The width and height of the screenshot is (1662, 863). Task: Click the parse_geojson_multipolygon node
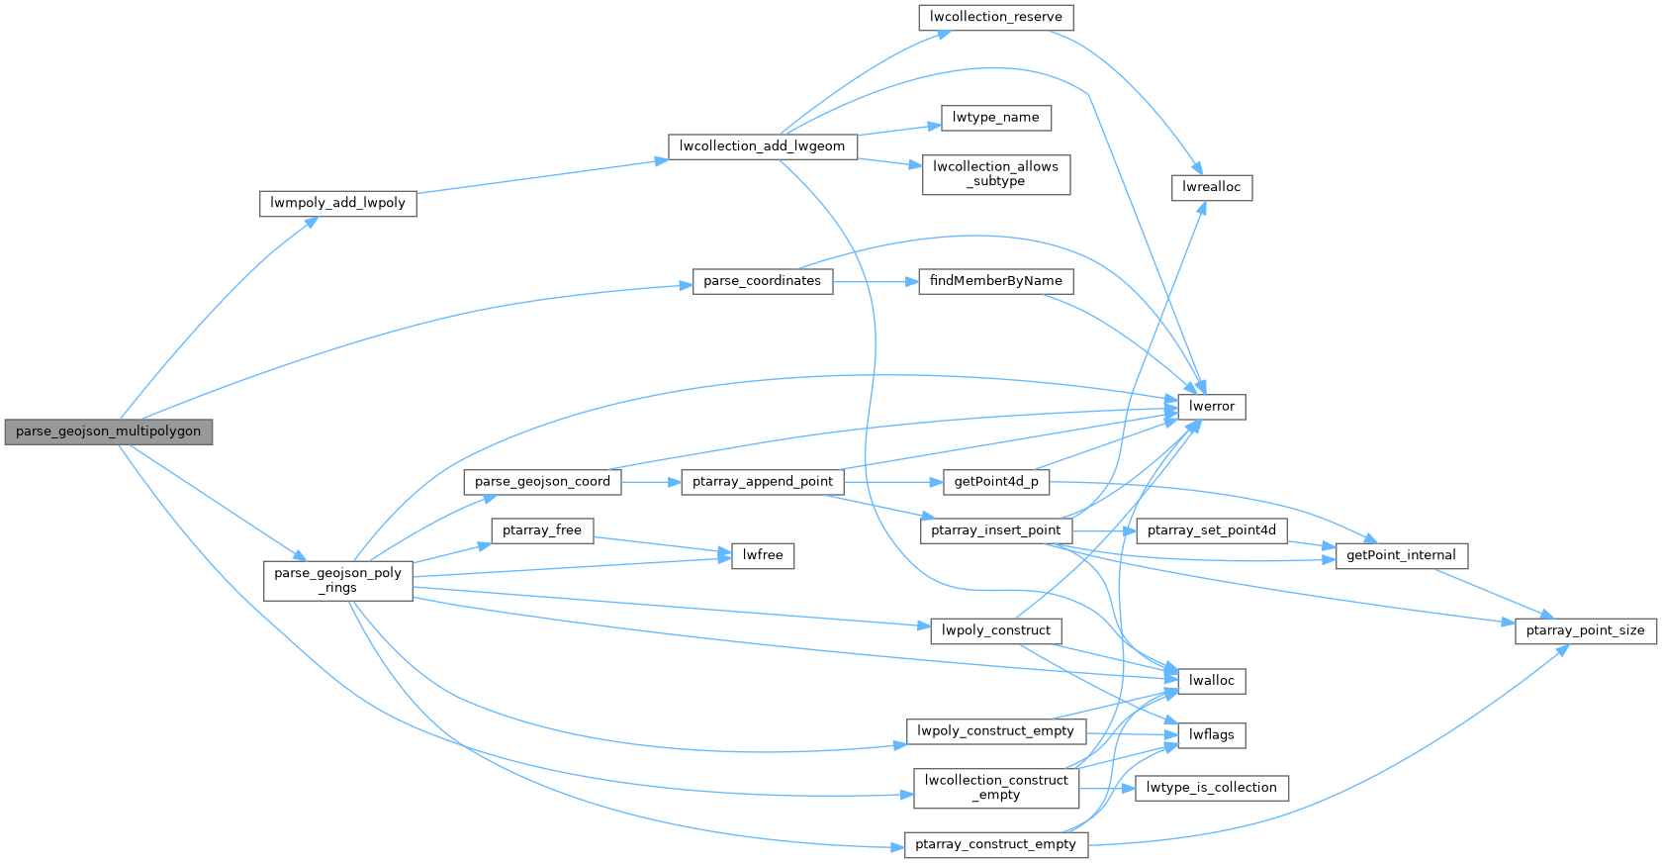[x=108, y=431]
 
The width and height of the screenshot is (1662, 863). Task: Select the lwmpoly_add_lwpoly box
[x=337, y=204]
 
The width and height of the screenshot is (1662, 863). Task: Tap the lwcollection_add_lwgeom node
[x=762, y=146]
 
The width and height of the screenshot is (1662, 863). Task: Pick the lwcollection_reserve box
[x=995, y=18]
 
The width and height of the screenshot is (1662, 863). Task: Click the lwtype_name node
[x=995, y=118]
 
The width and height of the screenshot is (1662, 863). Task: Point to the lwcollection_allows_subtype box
[x=995, y=174]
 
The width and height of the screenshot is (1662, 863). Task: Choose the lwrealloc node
[x=1211, y=187]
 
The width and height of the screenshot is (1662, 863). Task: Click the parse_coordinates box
[x=762, y=281]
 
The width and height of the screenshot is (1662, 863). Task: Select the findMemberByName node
[x=995, y=281]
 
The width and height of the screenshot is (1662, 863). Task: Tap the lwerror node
[x=1211, y=407]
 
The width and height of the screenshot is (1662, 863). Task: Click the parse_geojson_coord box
[x=542, y=482]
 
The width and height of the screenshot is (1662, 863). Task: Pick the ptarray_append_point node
[x=762, y=482]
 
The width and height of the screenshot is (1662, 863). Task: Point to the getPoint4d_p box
[x=995, y=482]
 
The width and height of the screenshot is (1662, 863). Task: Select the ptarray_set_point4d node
[x=1211, y=530]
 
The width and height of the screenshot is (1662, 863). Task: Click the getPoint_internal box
[x=1400, y=555]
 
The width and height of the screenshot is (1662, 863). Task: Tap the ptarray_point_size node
[x=1584, y=630]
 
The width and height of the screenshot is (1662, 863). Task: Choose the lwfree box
[x=762, y=555]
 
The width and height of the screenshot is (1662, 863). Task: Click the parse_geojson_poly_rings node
[x=337, y=580]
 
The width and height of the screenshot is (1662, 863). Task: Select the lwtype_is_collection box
[x=1211, y=788]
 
